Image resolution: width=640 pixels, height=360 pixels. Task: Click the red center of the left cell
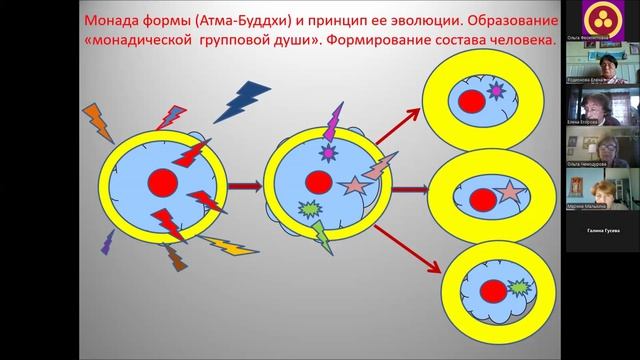coord(161,182)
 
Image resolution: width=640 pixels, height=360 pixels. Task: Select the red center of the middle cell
coord(319,182)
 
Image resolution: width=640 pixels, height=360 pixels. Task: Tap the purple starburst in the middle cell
coord(327,153)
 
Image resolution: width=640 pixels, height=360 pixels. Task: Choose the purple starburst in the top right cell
coord(493,91)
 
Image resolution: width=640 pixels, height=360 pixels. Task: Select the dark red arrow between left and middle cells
coord(245,185)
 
